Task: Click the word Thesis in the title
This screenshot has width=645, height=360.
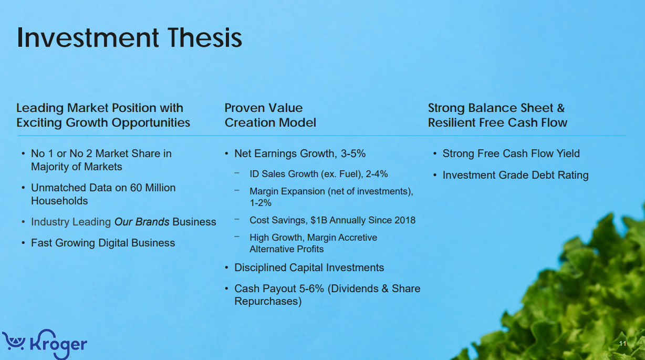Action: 205,38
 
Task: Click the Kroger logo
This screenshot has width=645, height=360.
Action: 45,343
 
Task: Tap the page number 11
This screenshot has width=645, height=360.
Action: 622,344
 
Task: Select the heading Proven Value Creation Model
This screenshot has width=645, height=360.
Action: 270,115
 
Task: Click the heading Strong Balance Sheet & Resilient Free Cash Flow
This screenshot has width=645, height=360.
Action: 497,115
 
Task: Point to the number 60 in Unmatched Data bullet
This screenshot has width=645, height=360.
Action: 136,188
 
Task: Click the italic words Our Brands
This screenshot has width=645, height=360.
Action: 142,222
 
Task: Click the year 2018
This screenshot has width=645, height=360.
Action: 404,220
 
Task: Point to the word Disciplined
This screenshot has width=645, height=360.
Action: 261,268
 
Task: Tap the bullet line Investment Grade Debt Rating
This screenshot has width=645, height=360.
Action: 515,175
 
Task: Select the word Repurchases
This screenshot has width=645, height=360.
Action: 268,301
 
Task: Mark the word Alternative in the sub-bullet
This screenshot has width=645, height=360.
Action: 271,249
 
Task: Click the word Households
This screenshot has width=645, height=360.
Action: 59,201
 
